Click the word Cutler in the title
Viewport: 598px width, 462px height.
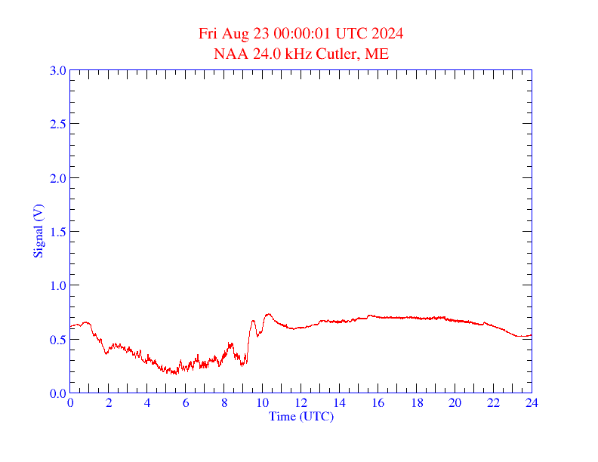click(340, 54)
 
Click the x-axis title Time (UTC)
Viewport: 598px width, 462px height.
click(301, 416)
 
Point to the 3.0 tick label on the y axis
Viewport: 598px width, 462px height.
click(58, 70)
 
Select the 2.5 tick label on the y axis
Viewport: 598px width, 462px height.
click(58, 124)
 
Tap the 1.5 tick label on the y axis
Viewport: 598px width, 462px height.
click(58, 232)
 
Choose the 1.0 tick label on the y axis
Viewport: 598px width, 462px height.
click(58, 285)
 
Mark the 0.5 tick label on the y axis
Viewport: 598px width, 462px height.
click(58, 340)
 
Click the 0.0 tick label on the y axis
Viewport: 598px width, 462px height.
click(58, 393)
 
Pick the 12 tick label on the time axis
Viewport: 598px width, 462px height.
click(301, 404)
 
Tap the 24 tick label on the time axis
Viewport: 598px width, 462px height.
click(532, 404)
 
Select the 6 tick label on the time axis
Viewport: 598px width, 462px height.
click(186, 404)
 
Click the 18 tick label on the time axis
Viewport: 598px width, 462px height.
click(416, 404)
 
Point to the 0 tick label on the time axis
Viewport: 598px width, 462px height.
click(70, 404)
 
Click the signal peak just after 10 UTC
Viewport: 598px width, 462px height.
click(268, 314)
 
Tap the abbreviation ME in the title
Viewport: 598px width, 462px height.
click(378, 54)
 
